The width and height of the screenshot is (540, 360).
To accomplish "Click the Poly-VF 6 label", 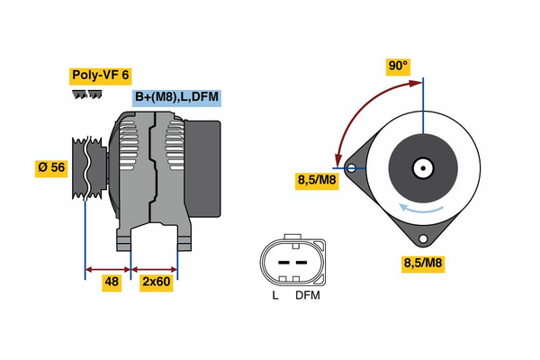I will click(x=99, y=76).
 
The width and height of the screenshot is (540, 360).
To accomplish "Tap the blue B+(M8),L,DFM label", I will click(x=176, y=97).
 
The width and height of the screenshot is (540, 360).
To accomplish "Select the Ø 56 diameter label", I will click(x=51, y=168).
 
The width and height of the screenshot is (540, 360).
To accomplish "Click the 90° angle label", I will click(x=398, y=66).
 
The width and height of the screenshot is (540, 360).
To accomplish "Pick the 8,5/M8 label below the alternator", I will click(x=423, y=264).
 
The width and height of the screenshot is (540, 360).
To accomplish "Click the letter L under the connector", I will click(x=275, y=295).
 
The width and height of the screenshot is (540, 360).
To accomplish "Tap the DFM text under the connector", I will click(x=307, y=295).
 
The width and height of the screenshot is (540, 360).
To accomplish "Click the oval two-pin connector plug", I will click(x=290, y=261).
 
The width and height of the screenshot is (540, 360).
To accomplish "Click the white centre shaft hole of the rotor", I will click(x=422, y=167).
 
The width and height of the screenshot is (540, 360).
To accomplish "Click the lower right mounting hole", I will click(x=422, y=238).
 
